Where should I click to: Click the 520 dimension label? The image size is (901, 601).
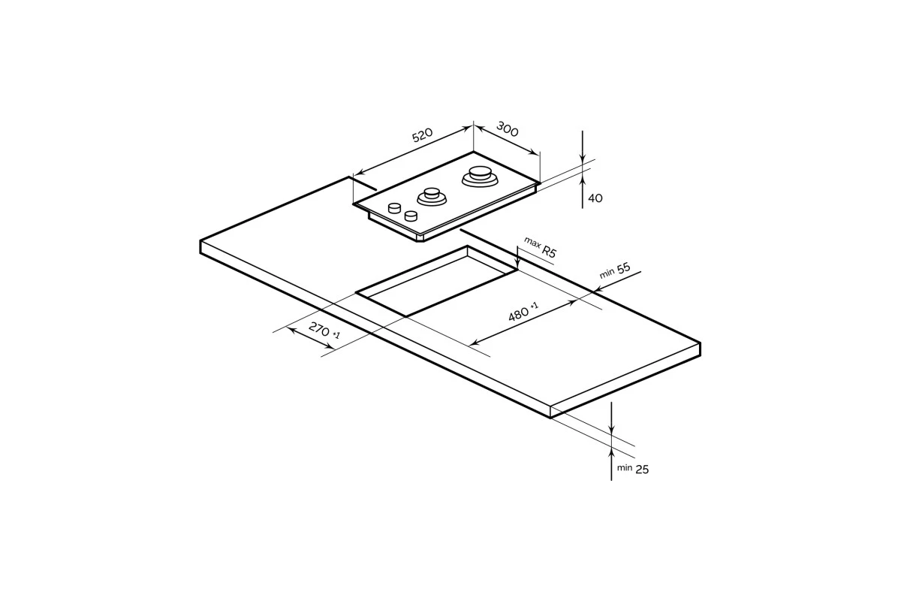pyautogui.click(x=422, y=135)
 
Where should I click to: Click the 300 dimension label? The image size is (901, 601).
pyautogui.click(x=508, y=128)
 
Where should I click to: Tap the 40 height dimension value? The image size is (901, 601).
pyautogui.click(x=595, y=198)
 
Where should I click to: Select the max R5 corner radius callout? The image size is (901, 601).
pyautogui.click(x=540, y=246)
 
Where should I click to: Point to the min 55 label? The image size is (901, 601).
pyautogui.click(x=615, y=270)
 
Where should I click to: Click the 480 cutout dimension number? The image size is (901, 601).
pyautogui.click(x=519, y=314)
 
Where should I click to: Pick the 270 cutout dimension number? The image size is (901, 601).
pyautogui.click(x=319, y=329)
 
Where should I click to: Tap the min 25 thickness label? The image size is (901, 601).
pyautogui.click(x=633, y=469)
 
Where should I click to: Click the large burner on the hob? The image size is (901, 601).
pyautogui.click(x=480, y=177)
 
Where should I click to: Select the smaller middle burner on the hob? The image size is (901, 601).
pyautogui.click(x=432, y=196)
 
